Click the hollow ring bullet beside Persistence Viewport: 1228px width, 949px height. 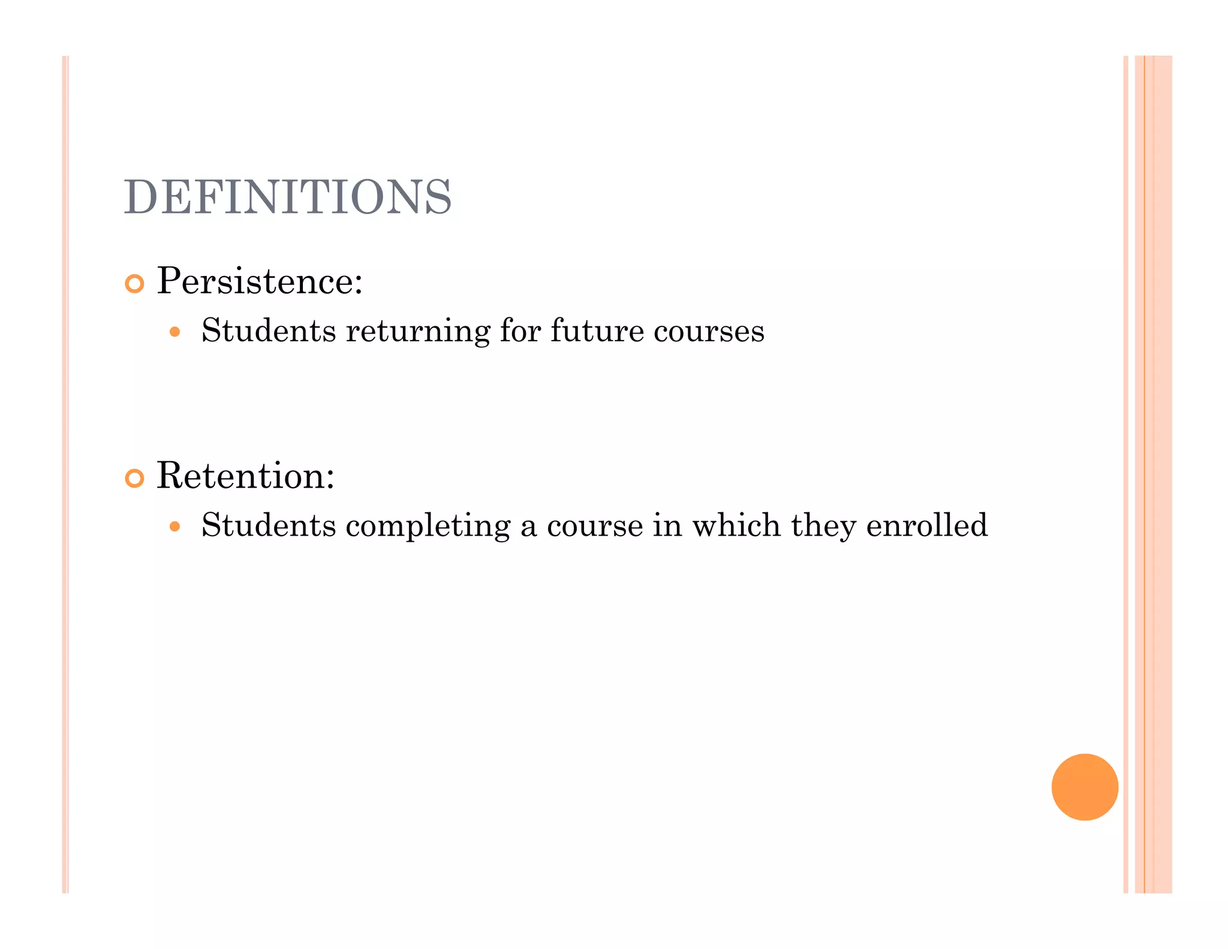point(134,284)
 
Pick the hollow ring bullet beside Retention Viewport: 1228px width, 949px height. point(134,478)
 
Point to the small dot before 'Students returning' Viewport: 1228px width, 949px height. point(174,332)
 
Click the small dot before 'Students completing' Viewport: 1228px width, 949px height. point(174,527)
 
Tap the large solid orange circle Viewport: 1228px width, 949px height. point(1084,786)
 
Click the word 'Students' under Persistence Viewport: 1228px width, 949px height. point(269,331)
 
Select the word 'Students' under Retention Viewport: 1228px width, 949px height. point(269,525)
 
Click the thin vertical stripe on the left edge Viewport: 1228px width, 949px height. point(65,474)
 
